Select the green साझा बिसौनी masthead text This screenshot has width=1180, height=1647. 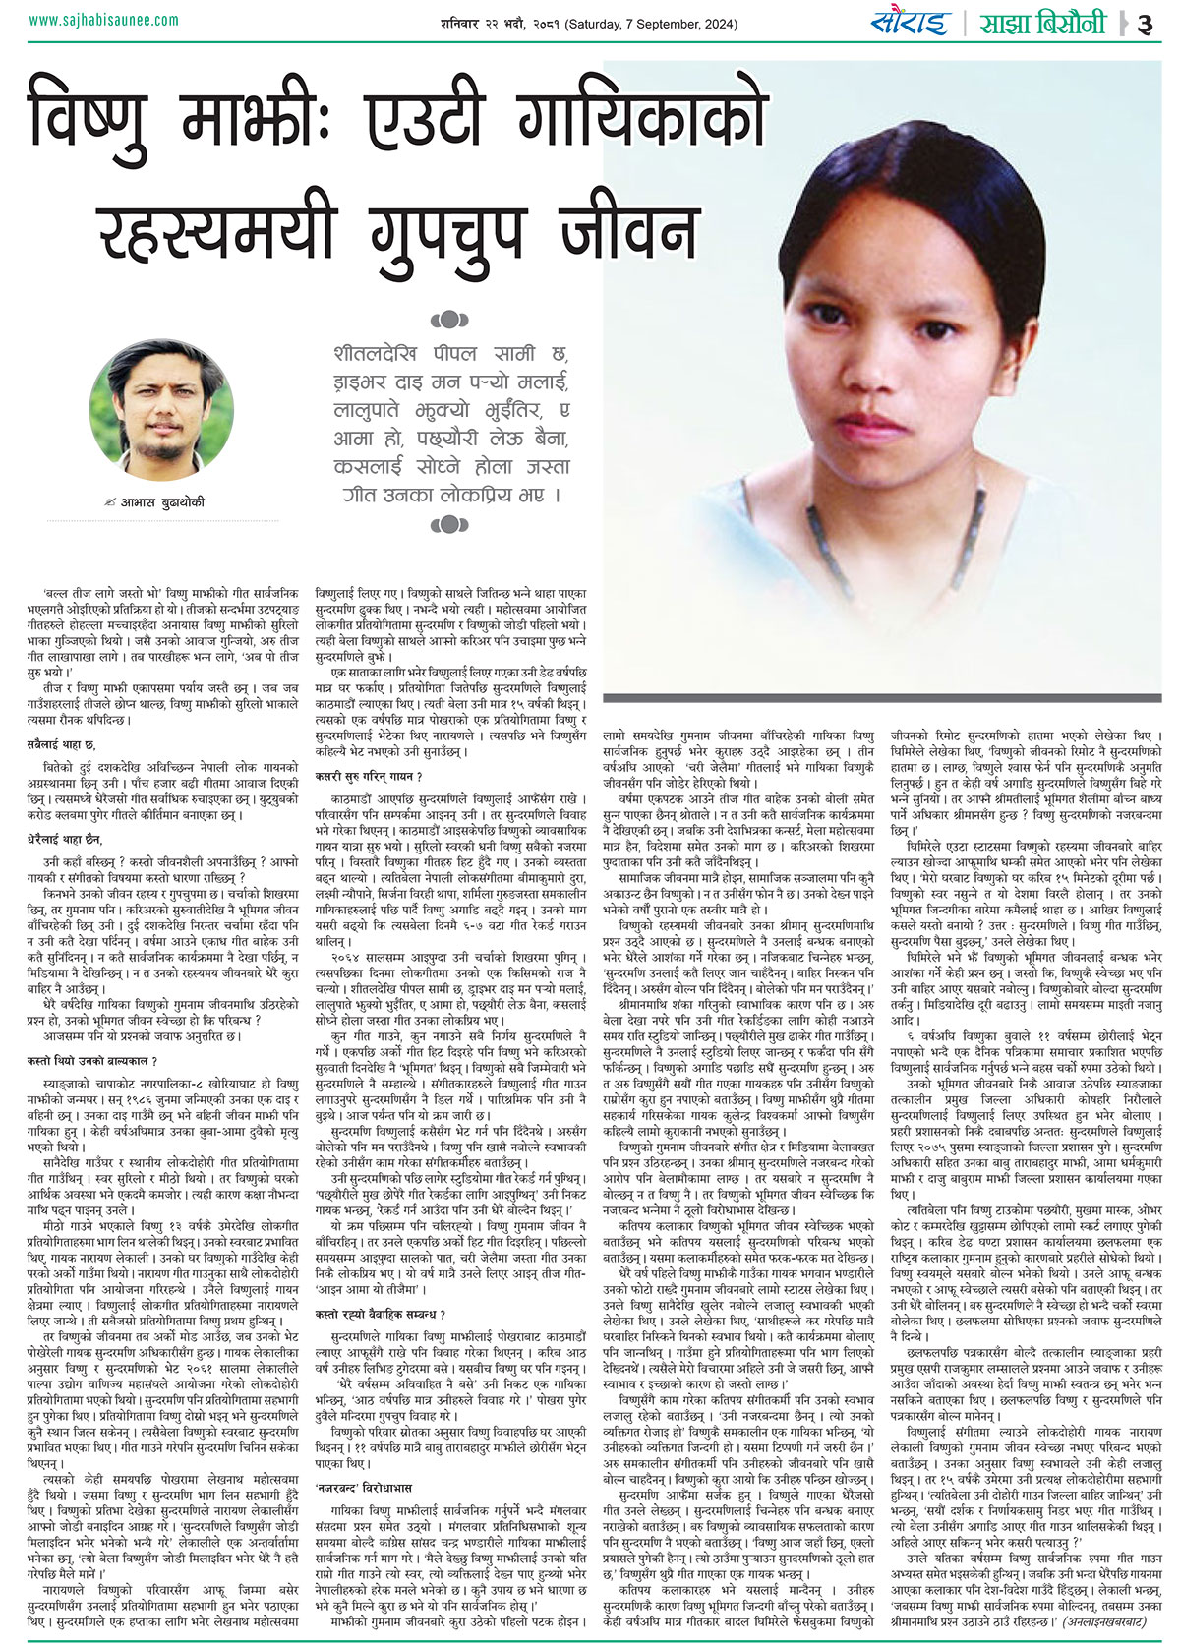(x=1041, y=22)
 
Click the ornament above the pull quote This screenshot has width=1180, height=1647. (x=448, y=319)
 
